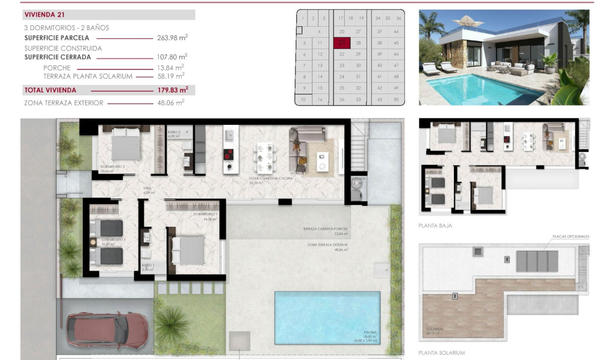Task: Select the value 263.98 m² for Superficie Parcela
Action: tap(172, 38)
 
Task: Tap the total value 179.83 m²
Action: tap(173, 90)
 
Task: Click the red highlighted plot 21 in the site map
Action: tap(342, 43)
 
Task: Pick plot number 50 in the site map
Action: tap(396, 99)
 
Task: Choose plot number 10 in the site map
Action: tap(303, 99)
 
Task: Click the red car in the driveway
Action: tap(107, 330)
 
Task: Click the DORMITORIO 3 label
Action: tap(113, 167)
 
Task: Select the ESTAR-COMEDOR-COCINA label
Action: tap(270, 178)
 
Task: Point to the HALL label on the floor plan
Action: tap(147, 188)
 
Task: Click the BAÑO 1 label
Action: tap(148, 265)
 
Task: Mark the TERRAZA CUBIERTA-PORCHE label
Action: tap(325, 229)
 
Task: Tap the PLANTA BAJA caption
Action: tap(435, 226)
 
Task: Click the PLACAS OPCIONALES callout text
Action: tap(571, 237)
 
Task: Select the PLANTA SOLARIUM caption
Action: tap(441, 353)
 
